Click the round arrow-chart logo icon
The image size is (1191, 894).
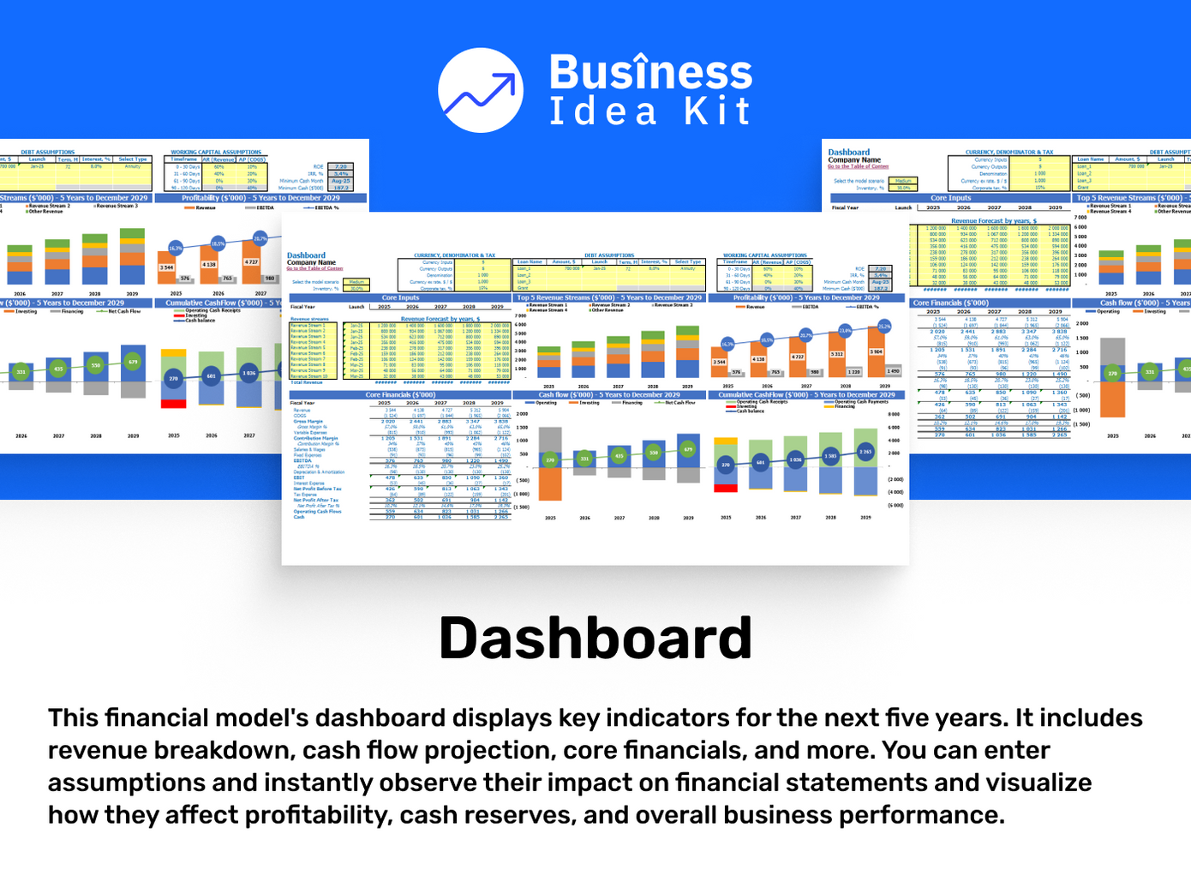coord(481,90)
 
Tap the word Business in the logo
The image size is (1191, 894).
coord(650,72)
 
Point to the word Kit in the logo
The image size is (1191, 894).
coord(717,112)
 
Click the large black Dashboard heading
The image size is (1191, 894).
coord(595,639)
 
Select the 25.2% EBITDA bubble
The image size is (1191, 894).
coord(884,326)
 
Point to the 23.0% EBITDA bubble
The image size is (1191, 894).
coord(845,330)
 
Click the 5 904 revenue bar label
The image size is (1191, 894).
coord(876,351)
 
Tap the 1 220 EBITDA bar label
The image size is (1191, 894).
coord(854,372)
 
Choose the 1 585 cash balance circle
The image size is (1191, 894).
coord(830,456)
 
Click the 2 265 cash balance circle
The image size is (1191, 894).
coord(866,452)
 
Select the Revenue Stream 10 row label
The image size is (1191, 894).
coord(308,376)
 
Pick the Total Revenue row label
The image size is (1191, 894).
coord(306,382)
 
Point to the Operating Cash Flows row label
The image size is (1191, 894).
coord(317,512)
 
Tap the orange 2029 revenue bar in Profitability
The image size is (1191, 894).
coord(876,356)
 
